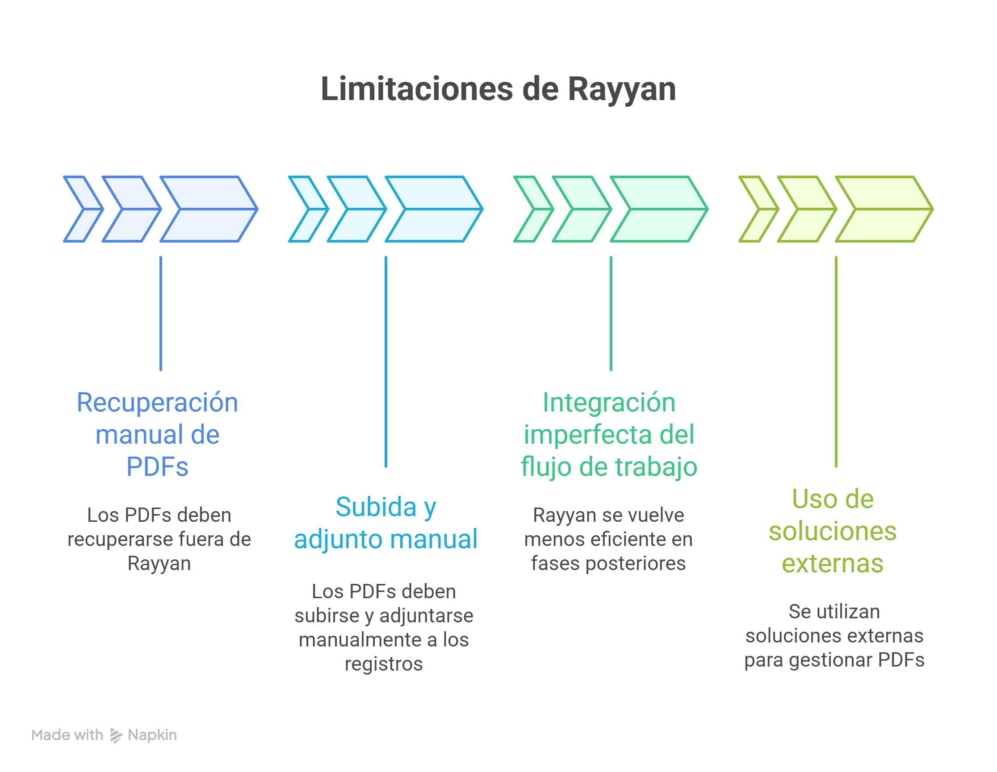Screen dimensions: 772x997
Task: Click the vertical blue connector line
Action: coord(161,313)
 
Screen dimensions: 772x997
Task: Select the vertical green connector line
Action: coord(611,313)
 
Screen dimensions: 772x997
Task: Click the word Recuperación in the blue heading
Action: coord(158,403)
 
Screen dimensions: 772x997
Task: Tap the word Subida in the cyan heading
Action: coord(376,507)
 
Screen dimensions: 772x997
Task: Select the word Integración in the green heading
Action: coord(609,403)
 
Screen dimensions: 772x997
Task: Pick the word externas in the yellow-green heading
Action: coord(833,563)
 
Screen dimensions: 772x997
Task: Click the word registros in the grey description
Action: coord(383,664)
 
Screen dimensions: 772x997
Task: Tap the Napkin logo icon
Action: coord(117,735)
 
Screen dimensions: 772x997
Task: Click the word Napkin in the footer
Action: coord(152,735)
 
